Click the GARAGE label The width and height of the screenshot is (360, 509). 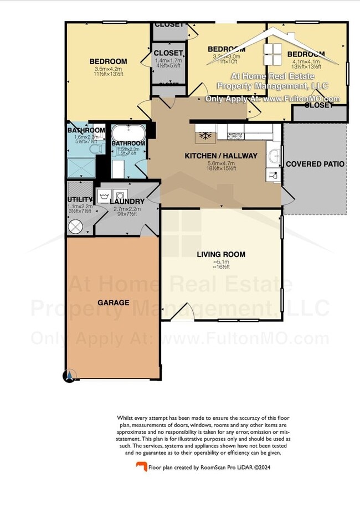(114, 303)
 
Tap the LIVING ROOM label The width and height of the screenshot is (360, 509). (221, 255)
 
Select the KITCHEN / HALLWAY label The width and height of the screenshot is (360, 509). (221, 156)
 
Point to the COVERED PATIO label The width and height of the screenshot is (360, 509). (315, 164)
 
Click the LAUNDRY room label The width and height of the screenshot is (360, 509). (127, 202)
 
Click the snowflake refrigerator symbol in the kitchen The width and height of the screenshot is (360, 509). (202, 135)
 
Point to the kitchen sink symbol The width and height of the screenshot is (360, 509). (274, 157)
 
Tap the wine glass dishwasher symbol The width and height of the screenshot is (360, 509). (273, 176)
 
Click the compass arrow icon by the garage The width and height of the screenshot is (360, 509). (69, 376)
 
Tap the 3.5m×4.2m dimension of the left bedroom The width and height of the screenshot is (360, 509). (108, 69)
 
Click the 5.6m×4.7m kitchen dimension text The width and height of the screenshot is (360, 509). (221, 164)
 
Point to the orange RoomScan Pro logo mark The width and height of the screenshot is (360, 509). (142, 467)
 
